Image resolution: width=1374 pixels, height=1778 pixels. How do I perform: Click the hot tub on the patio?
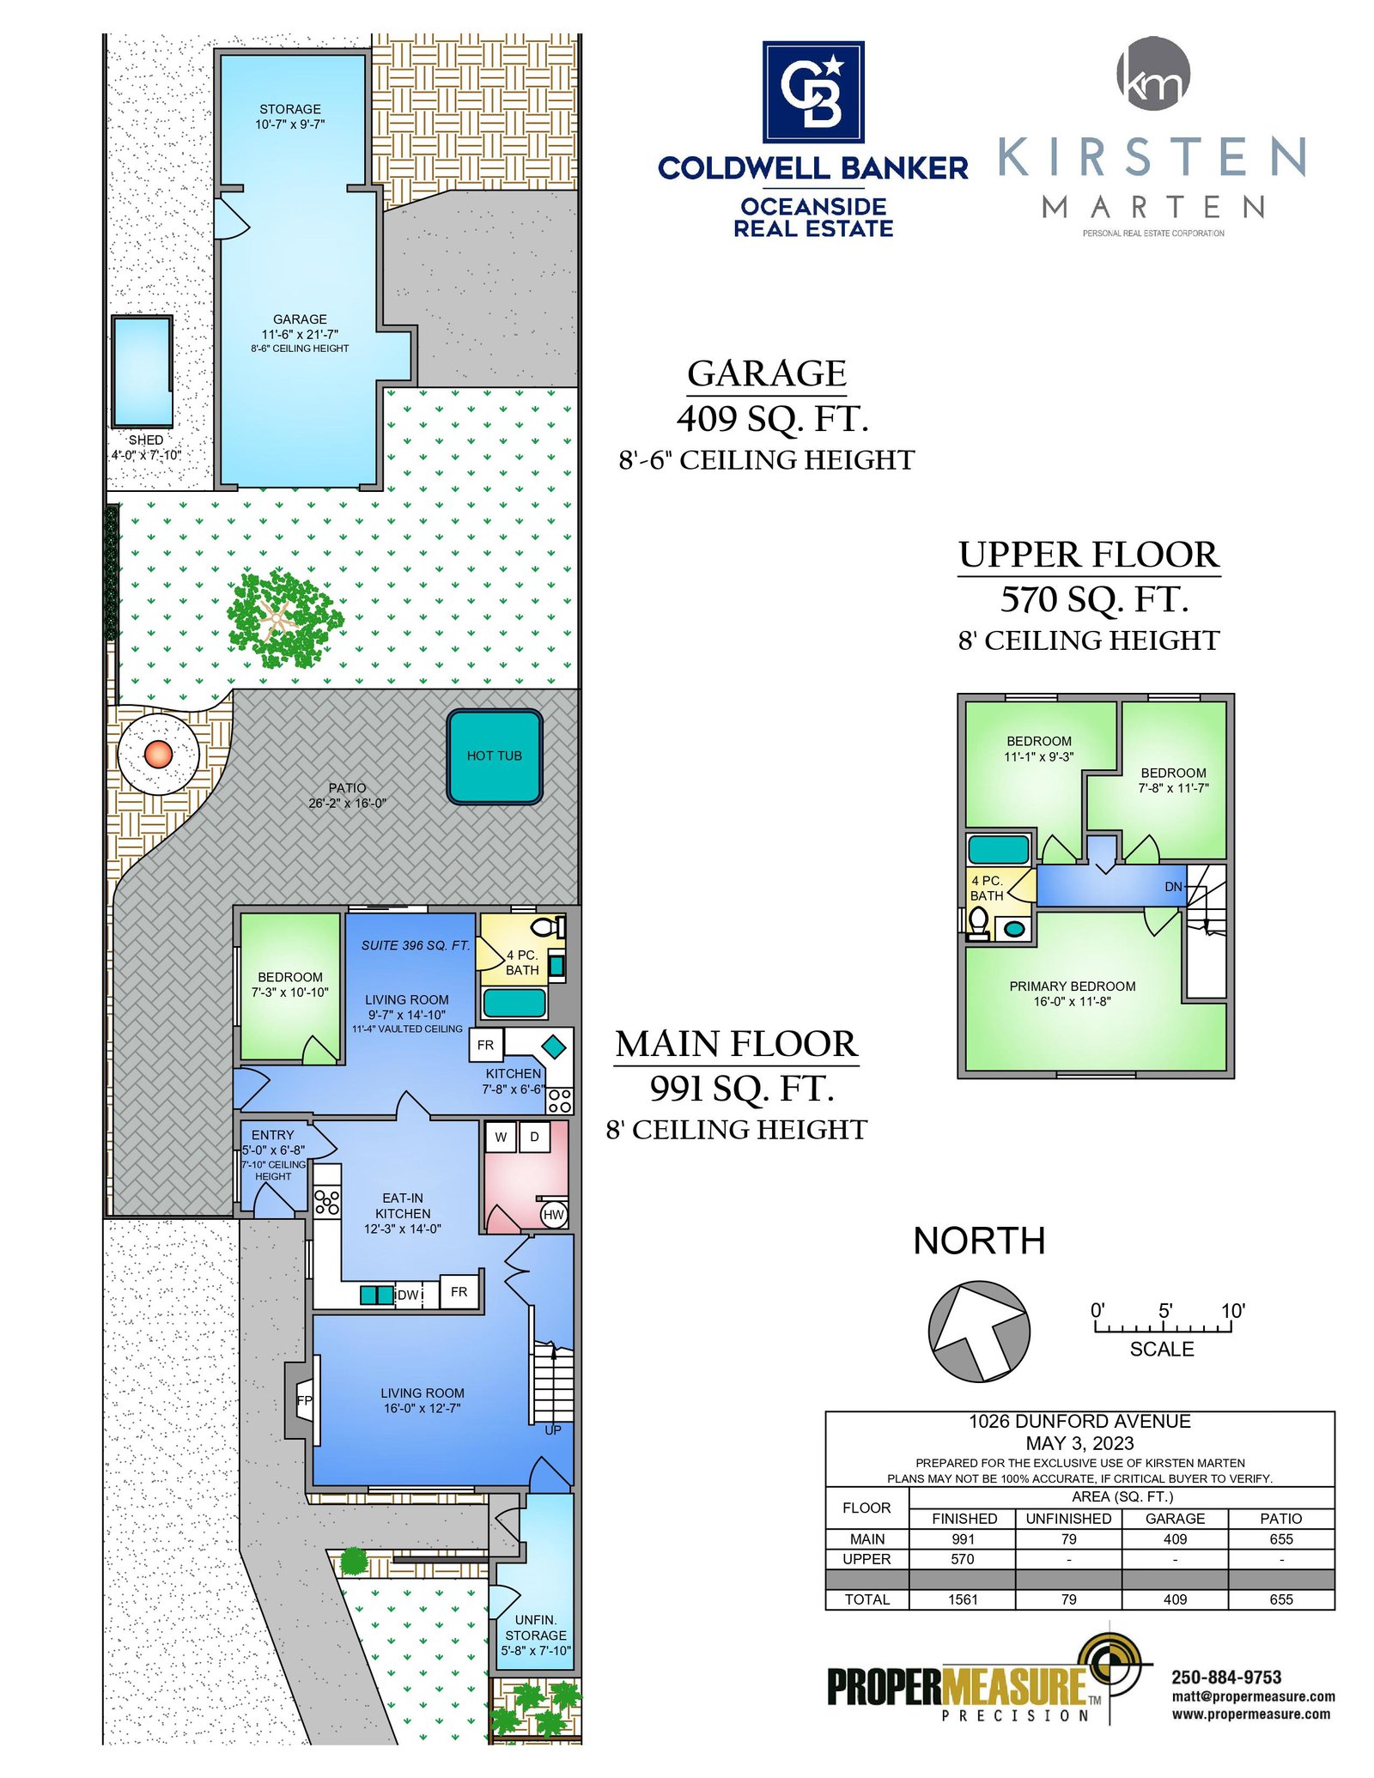(494, 756)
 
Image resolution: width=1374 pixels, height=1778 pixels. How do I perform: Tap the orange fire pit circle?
(158, 755)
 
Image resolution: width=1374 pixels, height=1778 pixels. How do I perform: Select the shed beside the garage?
(142, 371)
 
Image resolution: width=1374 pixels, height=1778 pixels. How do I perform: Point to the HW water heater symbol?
(554, 1214)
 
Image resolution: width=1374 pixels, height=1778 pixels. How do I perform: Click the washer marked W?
(501, 1137)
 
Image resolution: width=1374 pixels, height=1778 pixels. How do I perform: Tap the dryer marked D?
(534, 1137)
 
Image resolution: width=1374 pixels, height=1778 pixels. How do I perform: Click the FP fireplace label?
(304, 1400)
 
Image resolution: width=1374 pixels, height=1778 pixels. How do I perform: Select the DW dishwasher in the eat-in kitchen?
(408, 1295)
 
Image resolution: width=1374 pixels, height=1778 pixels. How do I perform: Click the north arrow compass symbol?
(979, 1332)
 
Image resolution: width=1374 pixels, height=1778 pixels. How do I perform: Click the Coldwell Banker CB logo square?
(813, 92)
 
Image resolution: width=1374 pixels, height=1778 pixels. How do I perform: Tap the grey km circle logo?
(1153, 74)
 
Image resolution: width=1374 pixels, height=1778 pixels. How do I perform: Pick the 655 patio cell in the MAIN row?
(1280, 1539)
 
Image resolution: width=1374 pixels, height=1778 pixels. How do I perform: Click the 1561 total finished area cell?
(963, 1599)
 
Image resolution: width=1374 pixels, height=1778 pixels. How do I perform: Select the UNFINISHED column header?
(1068, 1519)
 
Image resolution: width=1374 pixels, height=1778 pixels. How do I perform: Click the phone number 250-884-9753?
(1226, 1678)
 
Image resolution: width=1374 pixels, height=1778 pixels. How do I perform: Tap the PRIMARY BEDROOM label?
(1073, 986)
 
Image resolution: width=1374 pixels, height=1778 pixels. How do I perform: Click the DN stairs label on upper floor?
(1173, 887)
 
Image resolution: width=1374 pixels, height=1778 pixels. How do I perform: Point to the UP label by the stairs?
(553, 1430)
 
